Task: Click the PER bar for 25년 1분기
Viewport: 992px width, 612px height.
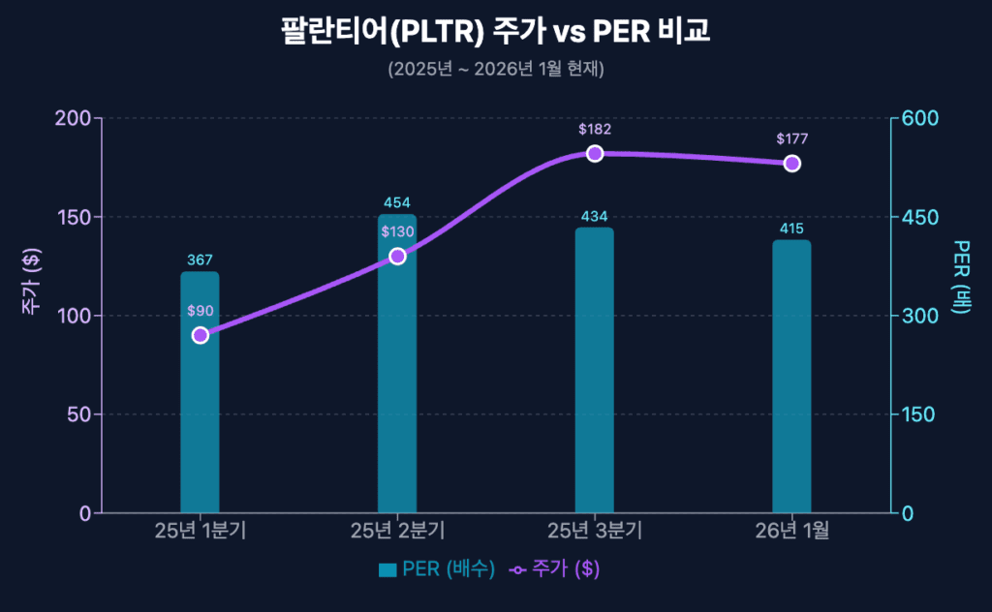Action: click(x=200, y=426)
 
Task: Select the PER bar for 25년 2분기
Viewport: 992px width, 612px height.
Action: click(x=397, y=387)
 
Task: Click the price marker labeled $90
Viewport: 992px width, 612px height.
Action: click(x=201, y=335)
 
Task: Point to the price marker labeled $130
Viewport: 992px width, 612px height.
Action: click(x=397, y=256)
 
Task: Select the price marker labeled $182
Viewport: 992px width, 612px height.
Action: click(x=595, y=153)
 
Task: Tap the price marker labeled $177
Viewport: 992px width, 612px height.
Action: click(x=791, y=163)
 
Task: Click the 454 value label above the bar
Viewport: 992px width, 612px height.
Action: click(x=397, y=202)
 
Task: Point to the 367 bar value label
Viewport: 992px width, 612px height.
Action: click(x=200, y=260)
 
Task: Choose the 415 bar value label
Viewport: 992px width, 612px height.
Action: click(x=791, y=229)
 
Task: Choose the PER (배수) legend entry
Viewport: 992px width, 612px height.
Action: click(x=437, y=569)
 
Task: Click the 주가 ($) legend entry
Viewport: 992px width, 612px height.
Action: click(x=555, y=569)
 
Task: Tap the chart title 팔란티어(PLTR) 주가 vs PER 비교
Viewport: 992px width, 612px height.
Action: click(x=496, y=31)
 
